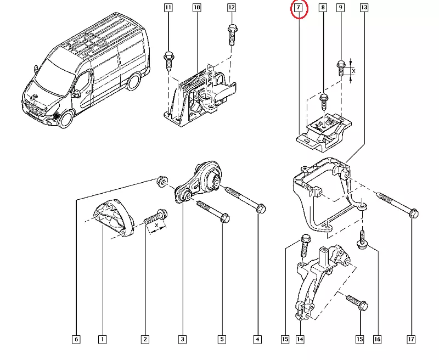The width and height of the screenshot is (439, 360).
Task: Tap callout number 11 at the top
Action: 168,8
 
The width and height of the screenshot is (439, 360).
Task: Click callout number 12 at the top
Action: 231,8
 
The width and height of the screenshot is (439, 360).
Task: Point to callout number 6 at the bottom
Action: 76,340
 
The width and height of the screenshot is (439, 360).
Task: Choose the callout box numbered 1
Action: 102,340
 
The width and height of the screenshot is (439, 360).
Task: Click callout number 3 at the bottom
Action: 183,340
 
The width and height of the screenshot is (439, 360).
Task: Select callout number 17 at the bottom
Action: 411,340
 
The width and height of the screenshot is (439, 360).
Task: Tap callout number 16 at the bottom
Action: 377,340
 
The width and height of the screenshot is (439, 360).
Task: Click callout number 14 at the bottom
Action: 300,340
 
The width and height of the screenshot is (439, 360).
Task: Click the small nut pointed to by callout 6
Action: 162,180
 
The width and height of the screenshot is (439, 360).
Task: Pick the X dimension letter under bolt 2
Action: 157,225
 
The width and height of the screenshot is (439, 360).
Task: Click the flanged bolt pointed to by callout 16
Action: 362,241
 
